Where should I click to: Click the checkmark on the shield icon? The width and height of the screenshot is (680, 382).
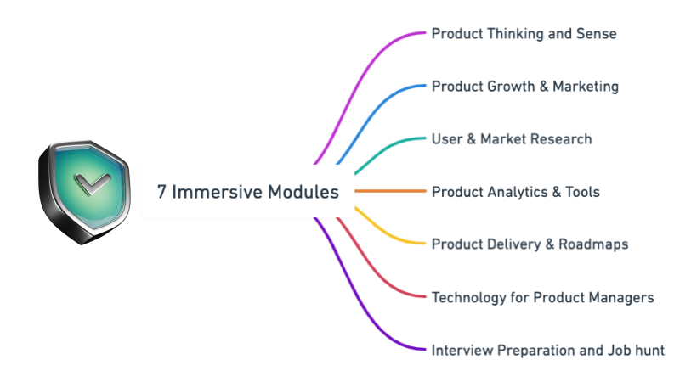92,184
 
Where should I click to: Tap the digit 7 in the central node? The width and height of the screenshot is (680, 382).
161,192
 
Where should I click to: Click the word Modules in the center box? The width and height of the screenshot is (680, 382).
303,192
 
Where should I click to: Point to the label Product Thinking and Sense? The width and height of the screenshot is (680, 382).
524,34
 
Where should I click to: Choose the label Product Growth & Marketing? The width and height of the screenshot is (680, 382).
525,87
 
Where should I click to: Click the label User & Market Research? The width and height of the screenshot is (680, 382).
512,139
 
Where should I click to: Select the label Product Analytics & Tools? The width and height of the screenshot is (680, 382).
516,192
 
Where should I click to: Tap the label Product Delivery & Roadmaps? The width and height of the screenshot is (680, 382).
530,244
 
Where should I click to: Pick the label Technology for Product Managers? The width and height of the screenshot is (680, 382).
542,298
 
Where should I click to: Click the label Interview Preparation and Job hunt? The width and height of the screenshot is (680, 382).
547,350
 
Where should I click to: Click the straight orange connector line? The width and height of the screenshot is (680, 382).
390,191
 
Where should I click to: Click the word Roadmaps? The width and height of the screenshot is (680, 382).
593,244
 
